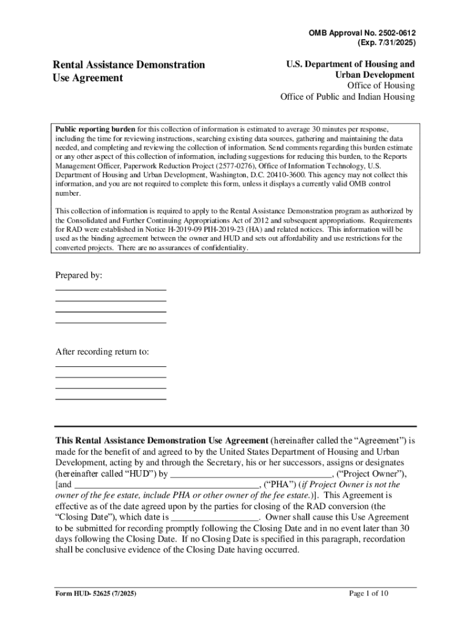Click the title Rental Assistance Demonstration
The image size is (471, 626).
point(128,65)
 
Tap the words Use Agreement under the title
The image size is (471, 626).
point(87,78)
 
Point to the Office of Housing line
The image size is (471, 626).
point(380,86)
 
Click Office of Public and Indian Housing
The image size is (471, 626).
point(347,97)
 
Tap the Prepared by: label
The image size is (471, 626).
point(79,276)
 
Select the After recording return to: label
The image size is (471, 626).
point(102,352)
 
